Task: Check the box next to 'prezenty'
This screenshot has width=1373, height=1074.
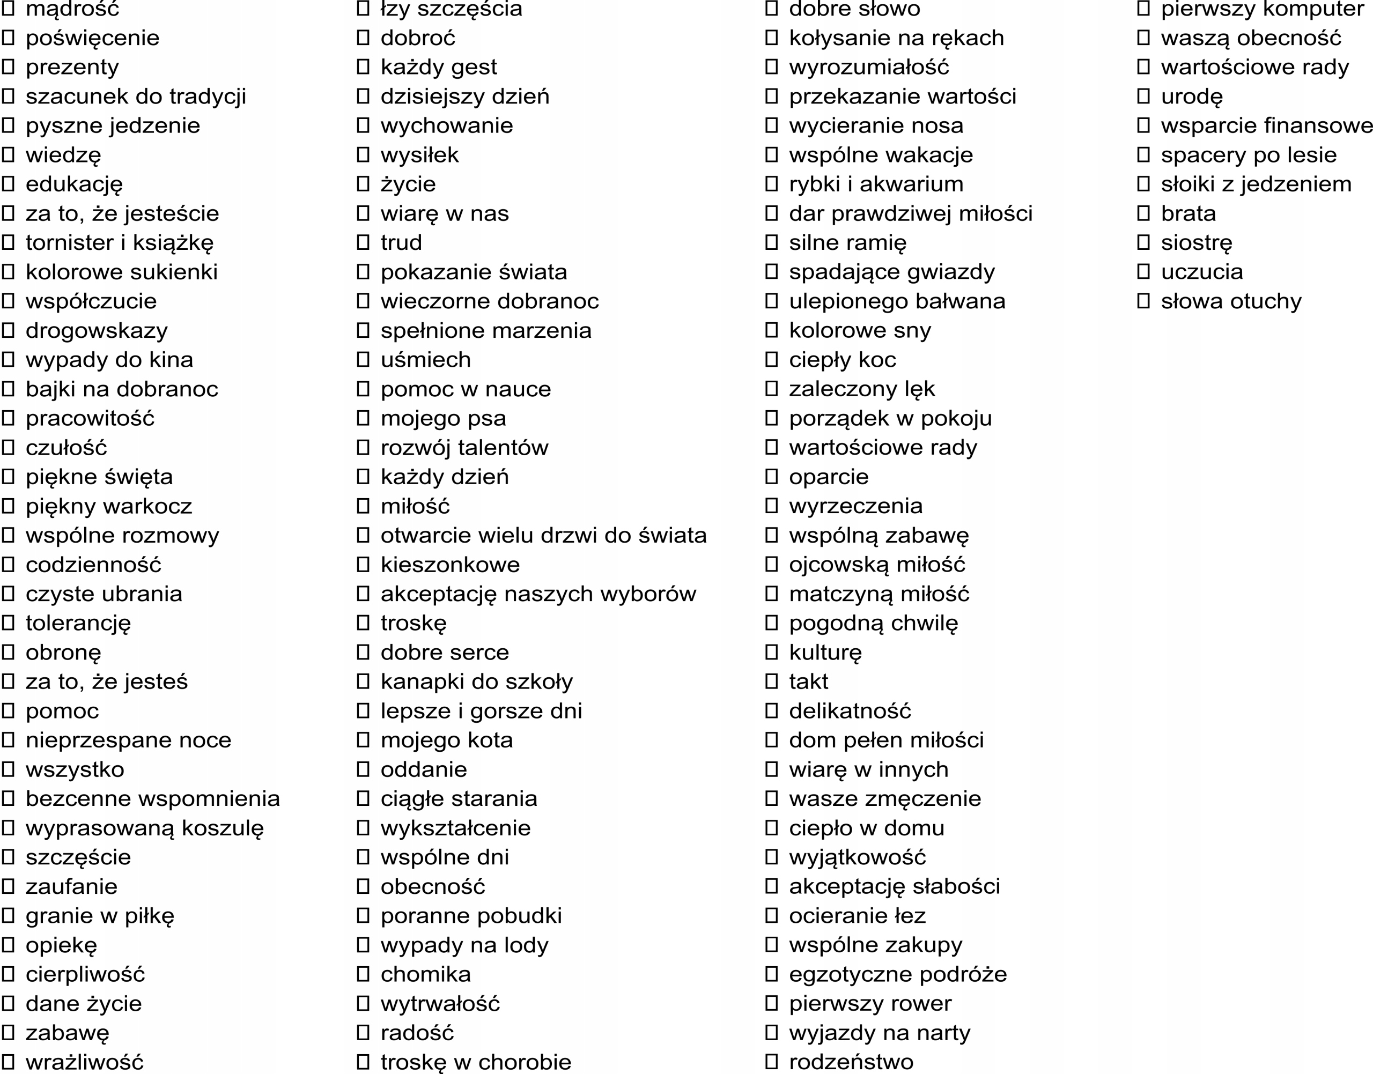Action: (x=8, y=66)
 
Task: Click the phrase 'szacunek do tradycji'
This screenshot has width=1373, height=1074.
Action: (x=135, y=96)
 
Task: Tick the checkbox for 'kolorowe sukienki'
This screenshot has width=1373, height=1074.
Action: (x=8, y=272)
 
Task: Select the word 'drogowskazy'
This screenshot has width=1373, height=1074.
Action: (x=96, y=331)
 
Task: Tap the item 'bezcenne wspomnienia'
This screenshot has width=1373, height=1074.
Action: (x=152, y=798)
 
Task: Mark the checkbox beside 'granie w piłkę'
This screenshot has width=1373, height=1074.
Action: (x=8, y=915)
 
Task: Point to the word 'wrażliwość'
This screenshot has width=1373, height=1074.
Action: (x=84, y=1062)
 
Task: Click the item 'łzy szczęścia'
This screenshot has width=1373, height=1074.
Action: (x=451, y=9)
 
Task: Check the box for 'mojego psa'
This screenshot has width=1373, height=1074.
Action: (x=363, y=418)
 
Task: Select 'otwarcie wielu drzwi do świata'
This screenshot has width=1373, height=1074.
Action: (x=543, y=535)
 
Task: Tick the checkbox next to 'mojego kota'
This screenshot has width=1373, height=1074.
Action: (x=363, y=740)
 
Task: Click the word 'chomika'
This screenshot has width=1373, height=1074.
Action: (x=425, y=974)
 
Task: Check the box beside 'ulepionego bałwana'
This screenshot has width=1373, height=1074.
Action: (x=772, y=301)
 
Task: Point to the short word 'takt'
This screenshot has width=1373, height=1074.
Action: (x=808, y=682)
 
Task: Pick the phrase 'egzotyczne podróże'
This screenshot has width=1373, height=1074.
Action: (x=897, y=974)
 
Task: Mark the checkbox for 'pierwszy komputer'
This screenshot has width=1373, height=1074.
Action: (x=1143, y=9)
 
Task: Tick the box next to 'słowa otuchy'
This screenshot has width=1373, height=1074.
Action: (x=1143, y=301)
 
